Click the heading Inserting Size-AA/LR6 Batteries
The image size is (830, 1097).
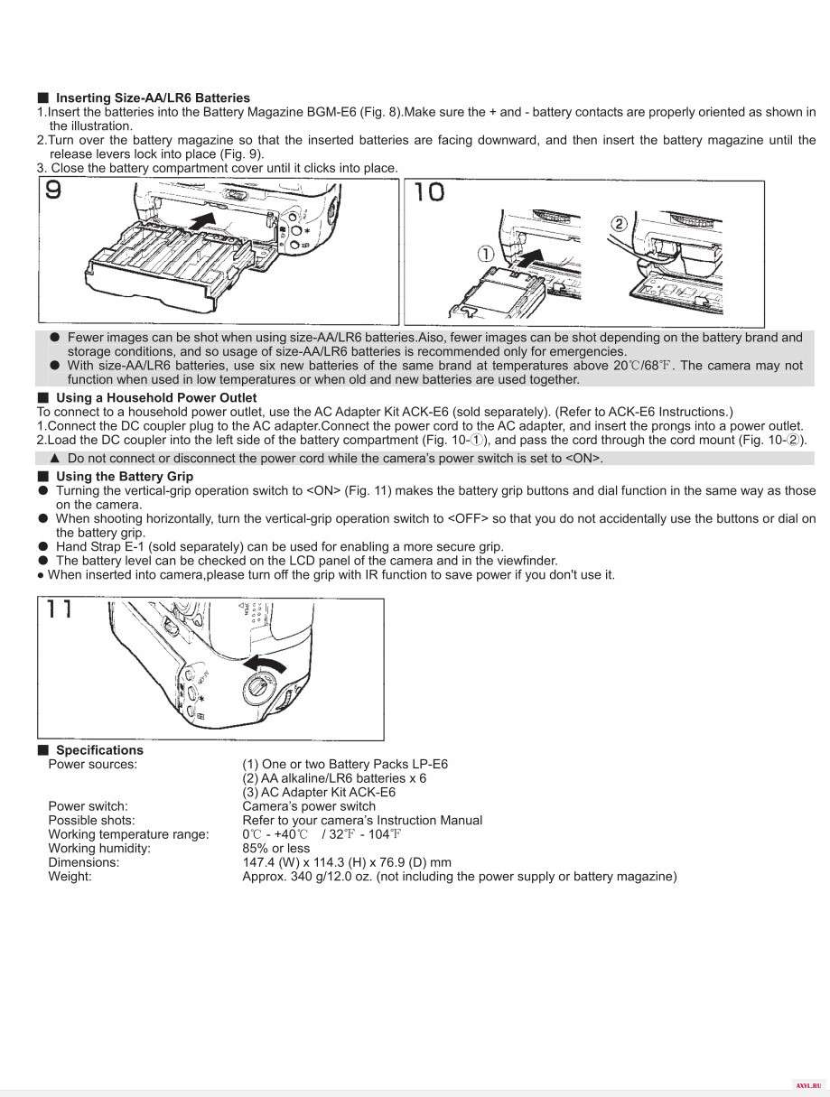pos(153,98)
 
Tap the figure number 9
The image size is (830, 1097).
pos(53,190)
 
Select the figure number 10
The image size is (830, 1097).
pos(429,192)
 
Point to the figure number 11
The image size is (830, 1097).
pos(60,609)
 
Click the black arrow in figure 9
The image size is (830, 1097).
pos(204,220)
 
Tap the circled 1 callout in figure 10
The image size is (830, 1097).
pos(486,254)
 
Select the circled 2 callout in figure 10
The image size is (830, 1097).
pos(619,223)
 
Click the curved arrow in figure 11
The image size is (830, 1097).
pos(265,665)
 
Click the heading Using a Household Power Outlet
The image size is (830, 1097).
pos(156,398)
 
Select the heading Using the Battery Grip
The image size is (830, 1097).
pos(125,477)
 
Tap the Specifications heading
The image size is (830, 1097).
pos(99,749)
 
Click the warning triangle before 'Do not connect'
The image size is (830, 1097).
pos(55,459)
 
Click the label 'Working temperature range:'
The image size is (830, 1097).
pos(128,834)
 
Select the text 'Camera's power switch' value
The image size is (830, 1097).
pos(309,806)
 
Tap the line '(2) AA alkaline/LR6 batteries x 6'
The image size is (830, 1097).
pos(334,778)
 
